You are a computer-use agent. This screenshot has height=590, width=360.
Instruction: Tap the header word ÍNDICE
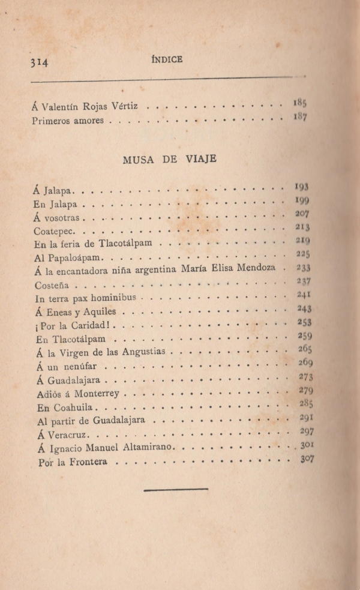[167, 58]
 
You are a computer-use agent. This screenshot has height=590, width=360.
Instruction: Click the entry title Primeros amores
[68, 121]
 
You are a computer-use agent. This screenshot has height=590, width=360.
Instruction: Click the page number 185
[301, 102]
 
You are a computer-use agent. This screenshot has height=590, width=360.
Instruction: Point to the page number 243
[304, 309]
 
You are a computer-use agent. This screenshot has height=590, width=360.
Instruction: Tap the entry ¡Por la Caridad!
[73, 326]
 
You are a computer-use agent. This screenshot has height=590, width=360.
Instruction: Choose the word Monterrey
[98, 393]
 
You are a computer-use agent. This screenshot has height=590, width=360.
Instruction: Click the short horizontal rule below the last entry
[176, 490]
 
